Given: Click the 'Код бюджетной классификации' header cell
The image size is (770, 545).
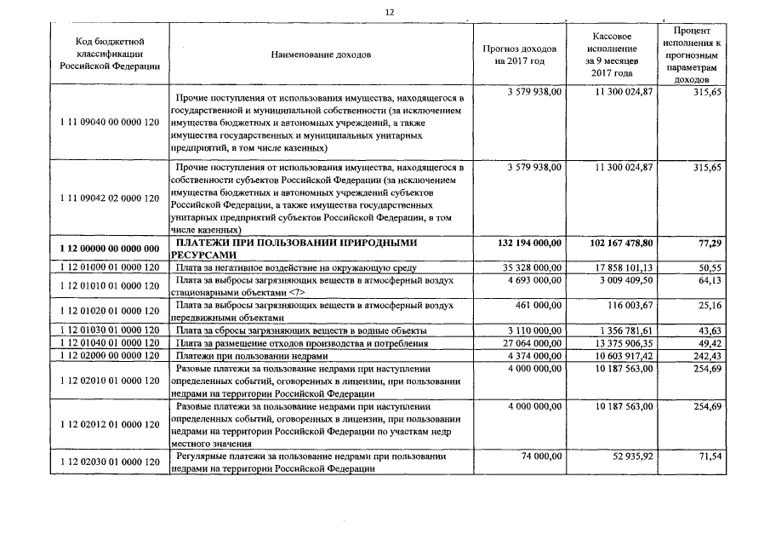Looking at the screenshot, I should tap(109, 54).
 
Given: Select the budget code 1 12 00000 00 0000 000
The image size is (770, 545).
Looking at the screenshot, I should tap(110, 249).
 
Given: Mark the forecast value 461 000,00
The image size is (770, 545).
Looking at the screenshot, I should tap(539, 304).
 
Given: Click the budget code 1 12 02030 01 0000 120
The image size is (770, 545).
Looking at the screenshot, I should tap(110, 462).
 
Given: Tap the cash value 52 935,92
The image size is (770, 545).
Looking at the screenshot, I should tap(630, 456).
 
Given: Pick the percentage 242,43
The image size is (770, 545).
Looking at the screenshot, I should tap(705, 355).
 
